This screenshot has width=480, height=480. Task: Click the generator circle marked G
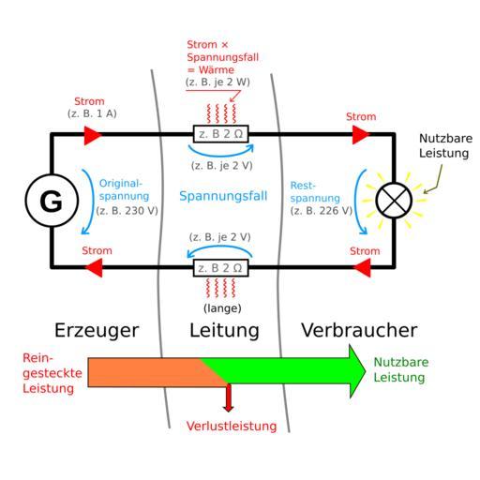[52, 201]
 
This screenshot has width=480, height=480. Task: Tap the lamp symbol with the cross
[394, 201]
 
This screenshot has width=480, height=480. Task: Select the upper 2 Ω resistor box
[220, 134]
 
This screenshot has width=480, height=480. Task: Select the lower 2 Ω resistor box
[220, 268]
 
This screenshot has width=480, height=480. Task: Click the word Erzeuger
[97, 331]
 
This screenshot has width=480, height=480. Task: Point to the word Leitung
[224, 331]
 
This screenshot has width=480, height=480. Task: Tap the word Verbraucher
[359, 330]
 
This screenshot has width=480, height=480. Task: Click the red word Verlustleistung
[232, 426]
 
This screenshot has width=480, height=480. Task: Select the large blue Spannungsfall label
[223, 196]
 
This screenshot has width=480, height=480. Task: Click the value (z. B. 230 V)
[127, 211]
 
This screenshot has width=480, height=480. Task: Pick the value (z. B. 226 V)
[322, 211]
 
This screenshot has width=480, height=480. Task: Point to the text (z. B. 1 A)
[92, 113]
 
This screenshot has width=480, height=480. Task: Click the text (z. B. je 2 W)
[217, 82]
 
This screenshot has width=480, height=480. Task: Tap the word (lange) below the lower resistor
[222, 308]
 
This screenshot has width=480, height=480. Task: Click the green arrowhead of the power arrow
[357, 371]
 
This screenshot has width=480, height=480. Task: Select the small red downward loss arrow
[229, 397]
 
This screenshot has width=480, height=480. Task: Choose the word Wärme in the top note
[216, 69]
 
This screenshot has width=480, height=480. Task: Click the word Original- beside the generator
[121, 183]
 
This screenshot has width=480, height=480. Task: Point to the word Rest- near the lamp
[303, 186]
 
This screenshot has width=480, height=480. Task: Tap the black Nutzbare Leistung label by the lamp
[445, 145]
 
